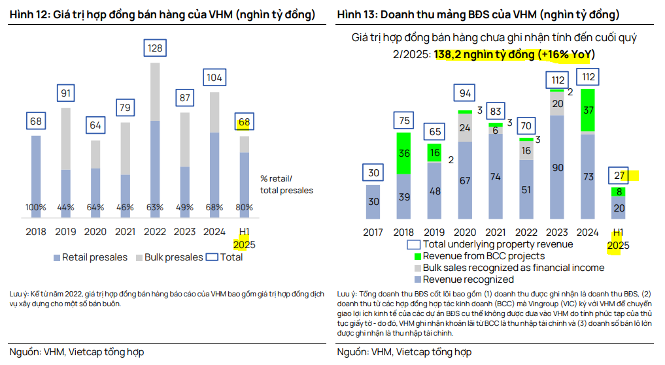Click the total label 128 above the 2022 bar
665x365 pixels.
(155, 48)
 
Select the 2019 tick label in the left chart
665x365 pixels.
(67, 230)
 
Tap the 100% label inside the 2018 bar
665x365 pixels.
(36, 208)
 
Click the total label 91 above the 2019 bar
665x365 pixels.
(67, 93)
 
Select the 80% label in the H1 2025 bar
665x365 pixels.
(244, 208)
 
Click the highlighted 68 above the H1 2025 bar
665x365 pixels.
(244, 121)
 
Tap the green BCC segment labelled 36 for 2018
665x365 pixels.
(403, 153)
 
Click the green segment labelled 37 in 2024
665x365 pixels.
(588, 110)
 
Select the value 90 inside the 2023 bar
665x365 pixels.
(557, 168)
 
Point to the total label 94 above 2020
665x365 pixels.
(465, 93)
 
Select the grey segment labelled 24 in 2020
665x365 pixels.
(465, 128)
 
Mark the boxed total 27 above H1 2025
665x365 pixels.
(619, 175)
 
